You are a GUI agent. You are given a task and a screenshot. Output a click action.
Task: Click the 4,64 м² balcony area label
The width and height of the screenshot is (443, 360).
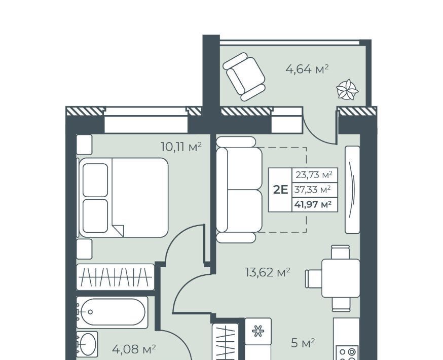(307, 69)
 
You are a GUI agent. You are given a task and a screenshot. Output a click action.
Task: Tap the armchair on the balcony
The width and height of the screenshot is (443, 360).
(244, 77)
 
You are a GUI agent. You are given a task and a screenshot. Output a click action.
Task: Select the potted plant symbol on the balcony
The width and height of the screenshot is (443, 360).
(347, 89)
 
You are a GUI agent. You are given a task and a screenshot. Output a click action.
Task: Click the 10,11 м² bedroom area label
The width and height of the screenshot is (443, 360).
(181, 147)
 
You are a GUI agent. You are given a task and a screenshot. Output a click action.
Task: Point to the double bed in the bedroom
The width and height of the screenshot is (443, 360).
(124, 197)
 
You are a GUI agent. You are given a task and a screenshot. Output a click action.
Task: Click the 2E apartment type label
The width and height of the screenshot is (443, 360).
(280, 190)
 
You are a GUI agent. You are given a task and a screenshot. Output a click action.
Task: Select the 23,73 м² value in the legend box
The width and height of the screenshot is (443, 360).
(313, 174)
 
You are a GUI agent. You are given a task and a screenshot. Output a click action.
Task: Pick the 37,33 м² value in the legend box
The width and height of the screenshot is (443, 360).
(312, 189)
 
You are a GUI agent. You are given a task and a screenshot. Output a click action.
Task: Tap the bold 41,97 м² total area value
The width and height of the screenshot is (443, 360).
(313, 204)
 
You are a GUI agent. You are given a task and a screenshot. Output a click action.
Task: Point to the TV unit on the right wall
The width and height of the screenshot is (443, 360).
(352, 190)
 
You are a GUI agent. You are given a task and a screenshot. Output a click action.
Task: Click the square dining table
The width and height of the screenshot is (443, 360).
(341, 278)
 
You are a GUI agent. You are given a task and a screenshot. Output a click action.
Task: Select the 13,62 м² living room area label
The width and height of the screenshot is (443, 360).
(268, 272)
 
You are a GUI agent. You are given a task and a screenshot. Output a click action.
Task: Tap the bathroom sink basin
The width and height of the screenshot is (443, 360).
(87, 344)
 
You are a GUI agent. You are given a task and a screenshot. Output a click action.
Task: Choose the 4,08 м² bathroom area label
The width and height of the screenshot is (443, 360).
(134, 349)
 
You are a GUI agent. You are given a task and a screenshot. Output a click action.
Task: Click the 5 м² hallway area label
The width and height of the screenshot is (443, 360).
(303, 343)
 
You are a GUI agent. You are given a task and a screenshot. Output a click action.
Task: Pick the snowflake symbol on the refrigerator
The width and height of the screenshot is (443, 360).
(257, 331)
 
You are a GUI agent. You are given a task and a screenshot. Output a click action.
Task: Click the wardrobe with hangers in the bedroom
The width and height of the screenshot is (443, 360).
(115, 277)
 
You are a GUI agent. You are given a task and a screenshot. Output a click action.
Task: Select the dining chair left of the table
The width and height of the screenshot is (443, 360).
(314, 278)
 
